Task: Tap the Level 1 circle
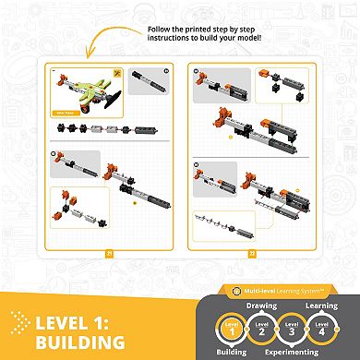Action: [x=234, y=330]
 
